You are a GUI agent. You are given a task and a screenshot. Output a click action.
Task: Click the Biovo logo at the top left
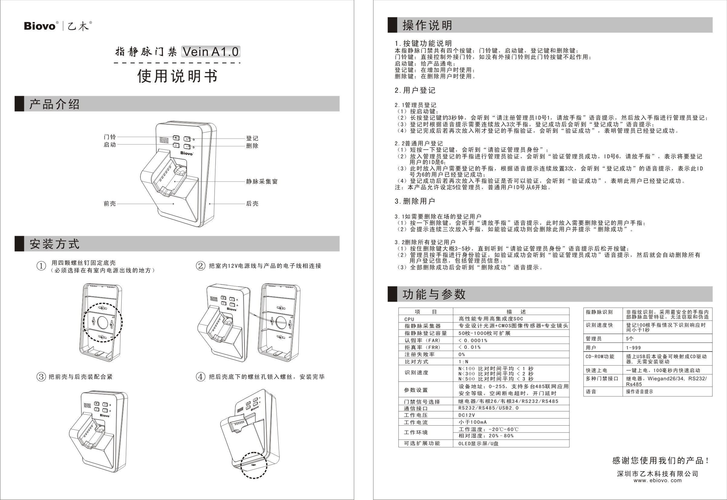[40, 26]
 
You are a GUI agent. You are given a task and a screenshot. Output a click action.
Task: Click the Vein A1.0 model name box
[211, 52]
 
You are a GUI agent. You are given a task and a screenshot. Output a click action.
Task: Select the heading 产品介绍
[54, 104]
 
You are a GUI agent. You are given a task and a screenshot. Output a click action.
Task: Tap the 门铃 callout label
[110, 137]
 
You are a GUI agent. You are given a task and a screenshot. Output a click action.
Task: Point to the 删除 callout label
[252, 146]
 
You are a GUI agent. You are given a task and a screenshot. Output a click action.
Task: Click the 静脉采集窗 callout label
[262, 181]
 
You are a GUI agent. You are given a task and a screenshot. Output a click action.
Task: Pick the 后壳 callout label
[252, 204]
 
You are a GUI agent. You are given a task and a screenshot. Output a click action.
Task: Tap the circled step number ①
[41, 266]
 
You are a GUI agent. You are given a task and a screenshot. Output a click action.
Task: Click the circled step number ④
[200, 377]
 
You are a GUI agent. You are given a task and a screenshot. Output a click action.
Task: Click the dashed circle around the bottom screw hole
[254, 465]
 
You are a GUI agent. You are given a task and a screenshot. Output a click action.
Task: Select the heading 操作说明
[427, 25]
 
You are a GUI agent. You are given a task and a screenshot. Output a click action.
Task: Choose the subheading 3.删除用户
[415, 201]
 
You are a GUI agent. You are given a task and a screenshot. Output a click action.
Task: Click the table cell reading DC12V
[467, 415]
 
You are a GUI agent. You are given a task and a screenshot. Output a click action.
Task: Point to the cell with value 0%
[462, 354]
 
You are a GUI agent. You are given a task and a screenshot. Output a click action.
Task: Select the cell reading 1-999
[633, 348]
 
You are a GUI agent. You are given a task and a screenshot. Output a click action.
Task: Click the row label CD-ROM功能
[600, 356]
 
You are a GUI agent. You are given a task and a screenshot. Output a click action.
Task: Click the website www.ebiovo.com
[657, 480]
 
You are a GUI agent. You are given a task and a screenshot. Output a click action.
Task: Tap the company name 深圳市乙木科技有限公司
[657, 474]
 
